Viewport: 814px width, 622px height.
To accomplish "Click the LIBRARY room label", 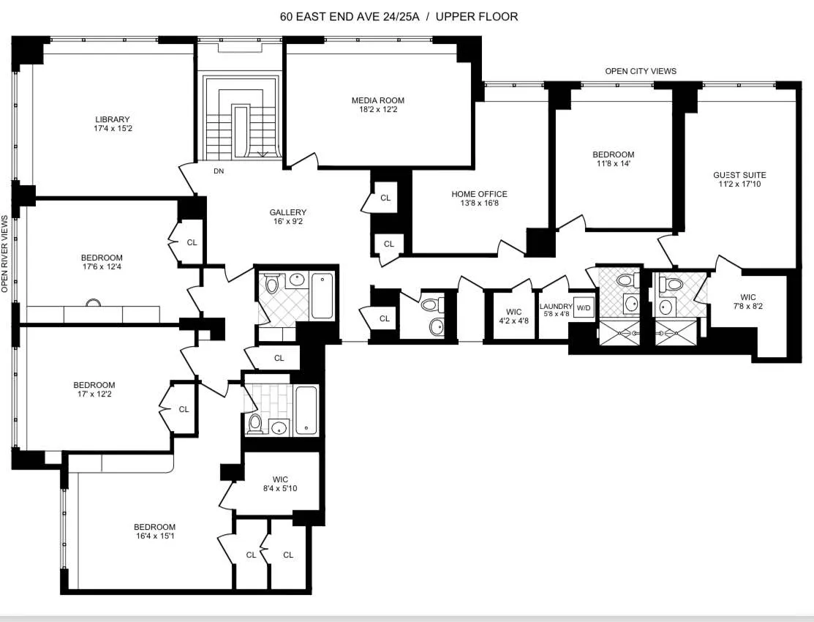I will click(x=112, y=119).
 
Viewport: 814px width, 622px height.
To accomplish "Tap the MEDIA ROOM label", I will click(x=377, y=100).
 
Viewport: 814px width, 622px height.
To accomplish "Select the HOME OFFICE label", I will click(x=479, y=194).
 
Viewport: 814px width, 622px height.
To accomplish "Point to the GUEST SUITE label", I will click(x=739, y=175).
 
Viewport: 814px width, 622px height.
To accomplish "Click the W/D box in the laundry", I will click(x=583, y=307).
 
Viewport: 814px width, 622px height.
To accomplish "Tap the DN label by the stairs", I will click(x=218, y=171).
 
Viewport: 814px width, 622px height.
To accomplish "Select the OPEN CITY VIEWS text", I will click(x=640, y=71).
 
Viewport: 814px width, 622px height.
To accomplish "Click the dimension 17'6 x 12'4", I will click(x=102, y=268).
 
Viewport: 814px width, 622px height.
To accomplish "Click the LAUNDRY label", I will click(x=556, y=307).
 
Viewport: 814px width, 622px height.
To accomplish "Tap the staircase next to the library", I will click(x=242, y=117).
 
